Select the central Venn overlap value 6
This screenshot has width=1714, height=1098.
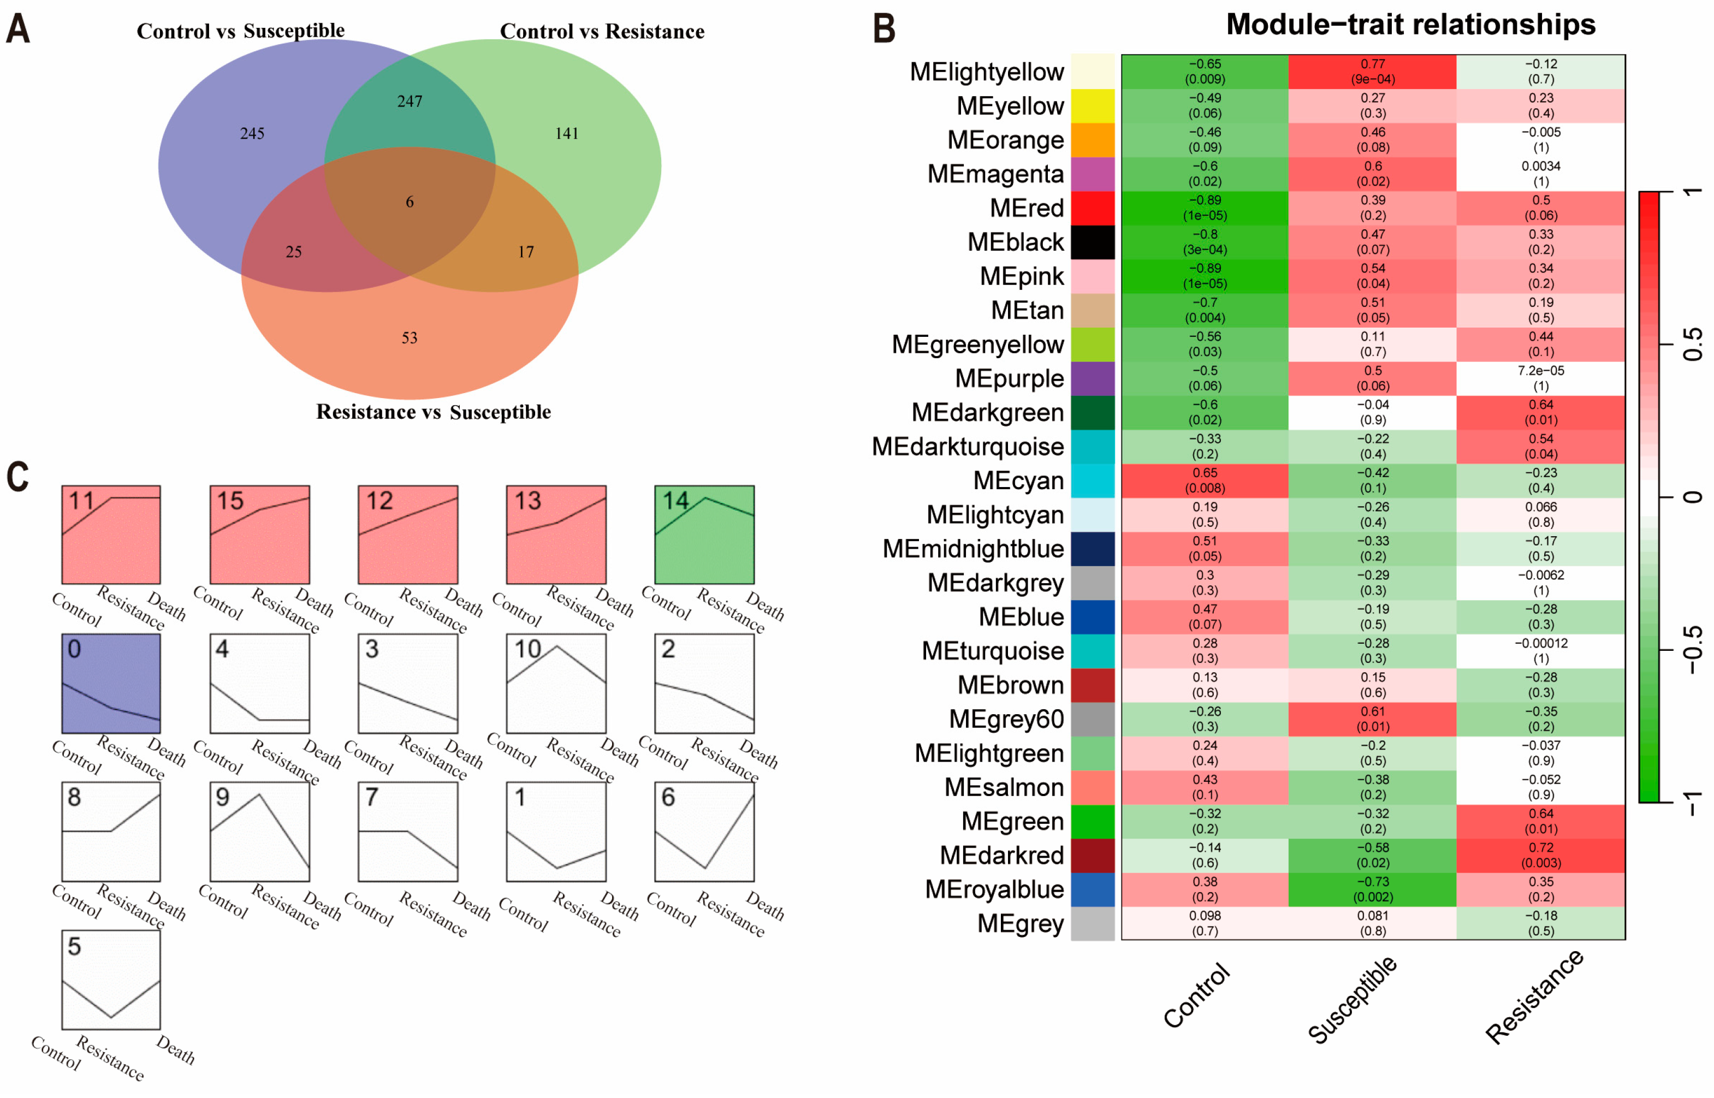point(409,202)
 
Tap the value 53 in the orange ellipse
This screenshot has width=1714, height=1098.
point(409,337)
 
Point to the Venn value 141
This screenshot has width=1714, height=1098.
point(566,133)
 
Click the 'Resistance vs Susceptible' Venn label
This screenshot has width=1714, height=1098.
point(433,412)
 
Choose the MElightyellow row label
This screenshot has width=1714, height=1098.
point(986,72)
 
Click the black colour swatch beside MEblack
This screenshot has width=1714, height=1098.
point(1092,242)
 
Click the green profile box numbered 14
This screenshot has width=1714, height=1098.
point(704,535)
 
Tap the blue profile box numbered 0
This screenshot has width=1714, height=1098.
point(111,683)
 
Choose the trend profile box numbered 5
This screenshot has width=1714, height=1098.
point(111,979)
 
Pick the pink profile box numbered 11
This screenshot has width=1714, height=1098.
point(111,535)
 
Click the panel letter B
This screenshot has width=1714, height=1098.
point(884,28)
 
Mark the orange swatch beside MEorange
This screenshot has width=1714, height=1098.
point(1092,140)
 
